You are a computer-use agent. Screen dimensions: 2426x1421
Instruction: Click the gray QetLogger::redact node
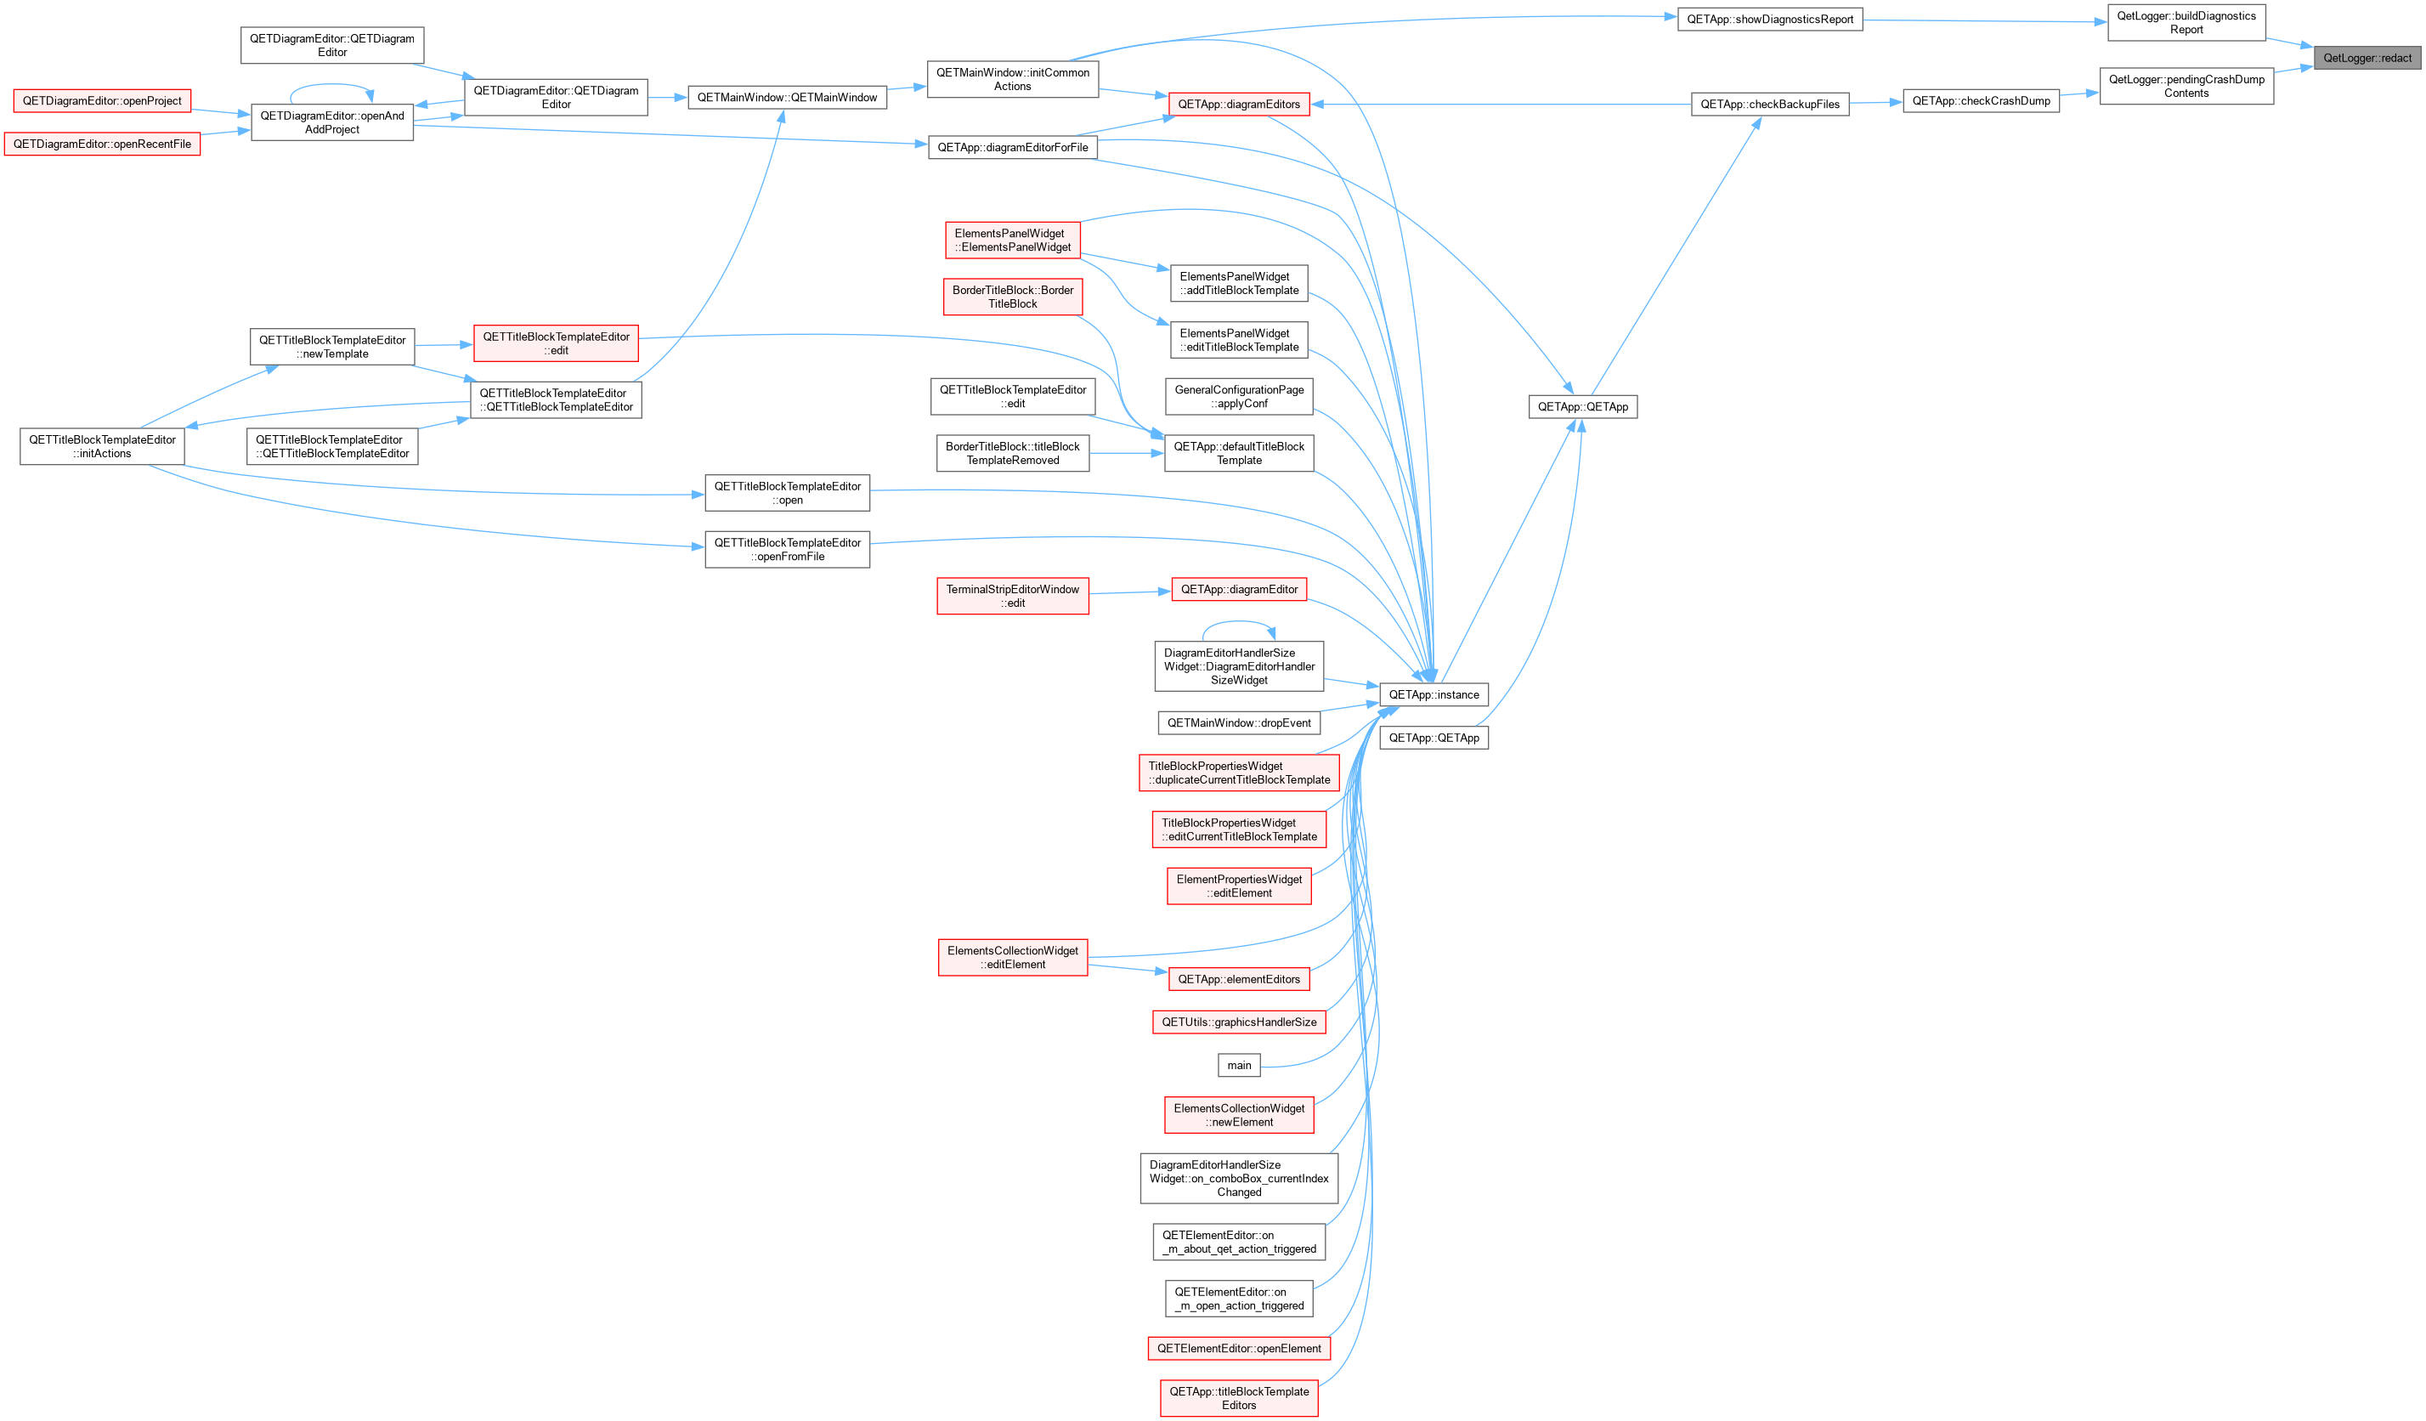click(x=2367, y=58)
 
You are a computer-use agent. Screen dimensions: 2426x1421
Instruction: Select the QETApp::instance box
click(x=1434, y=694)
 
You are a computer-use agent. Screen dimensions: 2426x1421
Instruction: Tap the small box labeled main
click(x=1239, y=1065)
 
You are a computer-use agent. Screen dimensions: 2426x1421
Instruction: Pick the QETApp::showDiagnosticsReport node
click(x=1769, y=20)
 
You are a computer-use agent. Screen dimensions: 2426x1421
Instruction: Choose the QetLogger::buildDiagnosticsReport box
click(x=2186, y=22)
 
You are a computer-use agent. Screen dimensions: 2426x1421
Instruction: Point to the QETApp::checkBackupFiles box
click(x=1769, y=104)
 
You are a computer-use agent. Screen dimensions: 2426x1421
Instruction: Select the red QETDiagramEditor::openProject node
click(x=102, y=100)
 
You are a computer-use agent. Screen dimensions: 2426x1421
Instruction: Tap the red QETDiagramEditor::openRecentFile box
click(x=102, y=144)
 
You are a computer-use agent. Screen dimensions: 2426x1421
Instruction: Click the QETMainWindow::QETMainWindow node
click(x=787, y=97)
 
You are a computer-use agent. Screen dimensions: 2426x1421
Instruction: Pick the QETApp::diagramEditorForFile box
click(x=1013, y=147)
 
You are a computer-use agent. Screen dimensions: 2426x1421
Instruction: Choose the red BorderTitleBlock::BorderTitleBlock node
click(x=1013, y=297)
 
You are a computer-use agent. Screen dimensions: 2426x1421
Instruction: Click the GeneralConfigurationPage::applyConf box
click(x=1239, y=397)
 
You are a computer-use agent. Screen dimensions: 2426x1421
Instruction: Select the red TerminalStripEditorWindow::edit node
click(x=1013, y=596)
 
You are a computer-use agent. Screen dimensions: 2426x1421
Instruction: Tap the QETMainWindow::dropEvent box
click(x=1239, y=723)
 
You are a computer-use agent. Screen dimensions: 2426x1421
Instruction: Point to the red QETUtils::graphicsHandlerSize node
click(x=1239, y=1022)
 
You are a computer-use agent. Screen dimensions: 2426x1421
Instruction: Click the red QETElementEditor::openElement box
click(x=1239, y=1348)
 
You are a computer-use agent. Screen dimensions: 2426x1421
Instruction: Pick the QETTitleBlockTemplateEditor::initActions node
click(x=102, y=447)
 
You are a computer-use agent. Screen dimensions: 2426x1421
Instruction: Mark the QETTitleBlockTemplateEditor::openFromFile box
click(x=788, y=550)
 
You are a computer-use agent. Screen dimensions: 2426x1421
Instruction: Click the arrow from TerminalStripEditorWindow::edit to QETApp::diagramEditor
click(x=1130, y=592)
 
